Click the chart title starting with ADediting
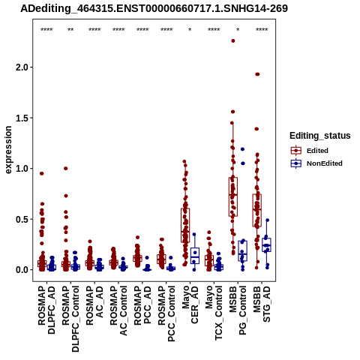point(154,9)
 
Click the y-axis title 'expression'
point(8,150)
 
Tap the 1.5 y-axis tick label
point(22,118)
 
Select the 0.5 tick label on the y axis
point(22,219)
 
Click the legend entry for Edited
point(309,151)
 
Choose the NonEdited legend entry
point(316,163)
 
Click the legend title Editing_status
point(320,136)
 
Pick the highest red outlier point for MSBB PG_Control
point(233,41)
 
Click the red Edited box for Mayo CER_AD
point(185,225)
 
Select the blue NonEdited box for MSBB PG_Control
point(243,251)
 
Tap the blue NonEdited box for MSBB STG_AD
point(266,244)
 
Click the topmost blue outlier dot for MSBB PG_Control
point(242,149)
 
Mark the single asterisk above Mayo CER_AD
point(190,30)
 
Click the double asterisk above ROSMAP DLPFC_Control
point(70,30)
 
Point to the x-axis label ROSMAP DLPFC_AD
point(46,310)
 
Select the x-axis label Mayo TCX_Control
point(214,313)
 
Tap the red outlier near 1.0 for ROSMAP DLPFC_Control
point(66,169)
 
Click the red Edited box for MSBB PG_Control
point(233,196)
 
